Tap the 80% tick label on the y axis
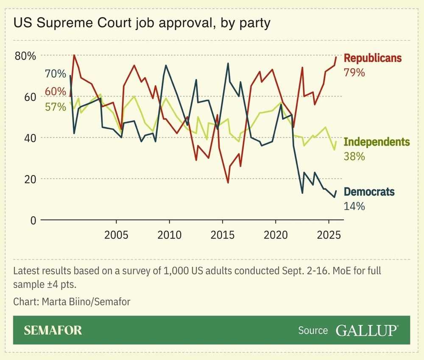26,56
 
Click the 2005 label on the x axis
116,235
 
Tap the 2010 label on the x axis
169,235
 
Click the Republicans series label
372,58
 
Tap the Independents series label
377,142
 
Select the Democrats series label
369,192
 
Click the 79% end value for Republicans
354,72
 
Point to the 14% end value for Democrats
354,206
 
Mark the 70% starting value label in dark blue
55,75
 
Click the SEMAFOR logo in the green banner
53,330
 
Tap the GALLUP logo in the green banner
367,330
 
